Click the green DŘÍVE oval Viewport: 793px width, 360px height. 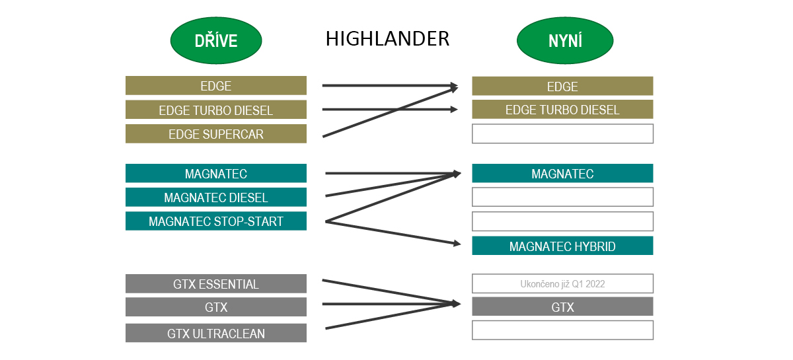(x=215, y=41)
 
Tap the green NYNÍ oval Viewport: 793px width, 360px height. (x=565, y=41)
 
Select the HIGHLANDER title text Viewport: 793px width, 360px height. (x=387, y=39)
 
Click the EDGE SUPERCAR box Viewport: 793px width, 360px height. (x=216, y=134)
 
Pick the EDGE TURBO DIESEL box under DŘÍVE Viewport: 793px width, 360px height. (x=216, y=110)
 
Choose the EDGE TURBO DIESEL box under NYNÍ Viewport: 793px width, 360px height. (x=562, y=110)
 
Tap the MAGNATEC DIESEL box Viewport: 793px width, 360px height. (x=216, y=198)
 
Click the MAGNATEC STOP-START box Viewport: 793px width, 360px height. (x=216, y=221)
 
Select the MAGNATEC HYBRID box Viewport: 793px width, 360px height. (x=562, y=246)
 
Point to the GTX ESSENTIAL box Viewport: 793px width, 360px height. (x=216, y=284)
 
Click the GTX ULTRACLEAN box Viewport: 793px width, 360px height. (x=216, y=334)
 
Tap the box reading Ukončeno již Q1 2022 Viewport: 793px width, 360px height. (x=562, y=284)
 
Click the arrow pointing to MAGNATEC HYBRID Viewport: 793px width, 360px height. (x=397, y=233)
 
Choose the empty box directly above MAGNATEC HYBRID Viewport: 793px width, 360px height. (x=562, y=221)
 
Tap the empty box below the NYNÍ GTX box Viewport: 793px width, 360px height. (x=562, y=330)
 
